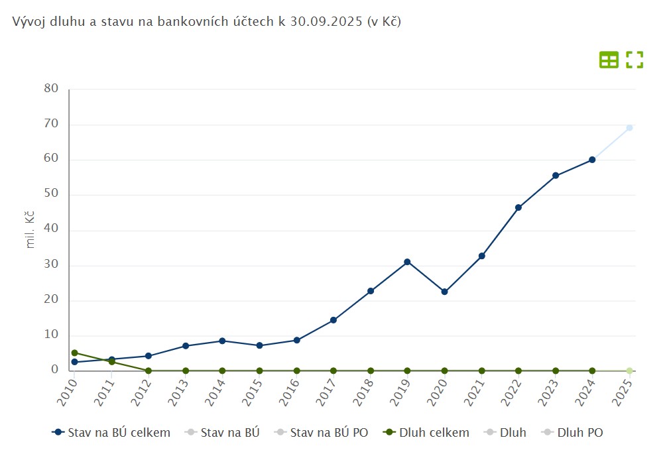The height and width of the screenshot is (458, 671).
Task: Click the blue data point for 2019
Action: (x=407, y=262)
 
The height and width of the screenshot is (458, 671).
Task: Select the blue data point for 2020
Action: (x=444, y=292)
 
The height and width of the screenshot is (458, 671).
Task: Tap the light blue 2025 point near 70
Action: (x=629, y=128)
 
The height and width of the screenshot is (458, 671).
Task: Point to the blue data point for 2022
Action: (x=518, y=207)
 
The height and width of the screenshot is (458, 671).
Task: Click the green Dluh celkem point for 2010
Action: (x=74, y=353)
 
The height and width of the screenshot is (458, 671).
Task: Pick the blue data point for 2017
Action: (x=334, y=320)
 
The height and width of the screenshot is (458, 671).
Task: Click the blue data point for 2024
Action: (x=592, y=160)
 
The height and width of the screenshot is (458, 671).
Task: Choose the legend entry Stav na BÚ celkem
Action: (x=111, y=433)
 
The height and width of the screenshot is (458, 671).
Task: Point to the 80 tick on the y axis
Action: (x=52, y=89)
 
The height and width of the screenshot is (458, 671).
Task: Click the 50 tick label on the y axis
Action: (x=52, y=194)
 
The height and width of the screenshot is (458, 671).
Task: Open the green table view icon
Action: (x=609, y=60)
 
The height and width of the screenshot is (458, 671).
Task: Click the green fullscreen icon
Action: (x=635, y=60)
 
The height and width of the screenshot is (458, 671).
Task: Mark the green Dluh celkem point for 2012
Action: (x=149, y=371)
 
